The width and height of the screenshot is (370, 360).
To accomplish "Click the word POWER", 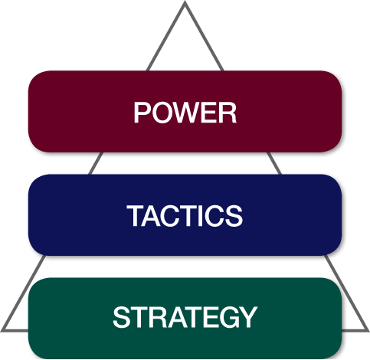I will point(185,113).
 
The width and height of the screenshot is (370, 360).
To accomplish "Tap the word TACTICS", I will point(185,216).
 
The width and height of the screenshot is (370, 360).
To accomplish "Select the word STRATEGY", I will point(185,317).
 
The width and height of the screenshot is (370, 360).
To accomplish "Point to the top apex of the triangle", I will point(185,3).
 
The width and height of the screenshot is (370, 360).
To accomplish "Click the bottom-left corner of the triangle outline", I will point(3,329).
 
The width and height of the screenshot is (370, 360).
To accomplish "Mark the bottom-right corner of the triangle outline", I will point(366,329).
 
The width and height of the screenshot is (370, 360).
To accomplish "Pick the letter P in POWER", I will point(141,113).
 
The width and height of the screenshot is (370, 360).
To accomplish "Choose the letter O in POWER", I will point(160,113).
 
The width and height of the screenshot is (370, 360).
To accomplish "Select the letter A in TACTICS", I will point(152,216).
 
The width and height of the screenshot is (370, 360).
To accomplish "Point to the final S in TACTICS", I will point(234,216).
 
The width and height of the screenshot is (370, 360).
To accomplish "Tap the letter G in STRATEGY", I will point(224,317).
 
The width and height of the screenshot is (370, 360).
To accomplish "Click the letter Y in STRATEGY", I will point(247,317).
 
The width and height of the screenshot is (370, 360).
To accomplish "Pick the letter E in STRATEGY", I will point(205,317).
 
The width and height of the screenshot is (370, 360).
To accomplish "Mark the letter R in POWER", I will point(228,113).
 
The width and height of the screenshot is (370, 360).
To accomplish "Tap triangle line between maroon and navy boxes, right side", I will point(273,162).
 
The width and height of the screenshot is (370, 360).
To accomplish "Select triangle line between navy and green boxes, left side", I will point(38,266).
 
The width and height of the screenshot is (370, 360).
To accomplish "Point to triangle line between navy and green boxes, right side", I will point(331,266).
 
